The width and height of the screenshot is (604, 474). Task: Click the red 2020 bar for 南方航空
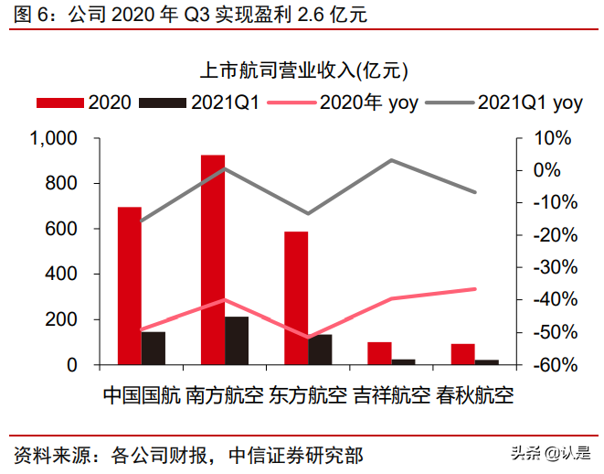pyautogui.click(x=212, y=260)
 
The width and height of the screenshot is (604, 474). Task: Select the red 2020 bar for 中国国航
pyautogui.click(x=130, y=285)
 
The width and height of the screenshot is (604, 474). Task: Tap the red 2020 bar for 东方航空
pyautogui.click(x=296, y=298)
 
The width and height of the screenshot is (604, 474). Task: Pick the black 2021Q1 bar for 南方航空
pyautogui.click(x=236, y=340)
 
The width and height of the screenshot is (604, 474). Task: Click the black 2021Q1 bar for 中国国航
pyautogui.click(x=154, y=348)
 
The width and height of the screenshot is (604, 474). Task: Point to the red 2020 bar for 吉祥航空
pyautogui.click(x=379, y=353)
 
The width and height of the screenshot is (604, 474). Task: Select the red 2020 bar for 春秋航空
pyautogui.click(x=462, y=354)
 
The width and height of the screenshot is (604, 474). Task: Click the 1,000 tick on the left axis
pyautogui.click(x=56, y=139)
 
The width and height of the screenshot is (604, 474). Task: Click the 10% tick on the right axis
pyautogui.click(x=554, y=139)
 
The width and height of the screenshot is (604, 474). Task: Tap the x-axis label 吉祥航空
pyautogui.click(x=390, y=395)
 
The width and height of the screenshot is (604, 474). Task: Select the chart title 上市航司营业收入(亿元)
pyautogui.click(x=302, y=70)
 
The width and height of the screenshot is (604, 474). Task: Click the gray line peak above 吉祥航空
pyautogui.click(x=391, y=160)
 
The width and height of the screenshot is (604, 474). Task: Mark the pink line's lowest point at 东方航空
pyautogui.click(x=308, y=337)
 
